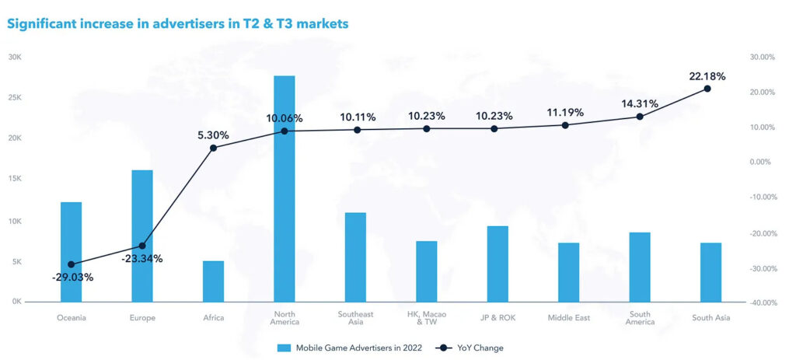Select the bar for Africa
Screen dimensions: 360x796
click(x=213, y=281)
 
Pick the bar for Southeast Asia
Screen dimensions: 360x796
click(x=355, y=257)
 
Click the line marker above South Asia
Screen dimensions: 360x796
click(x=707, y=89)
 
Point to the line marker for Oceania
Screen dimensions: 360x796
click(x=72, y=264)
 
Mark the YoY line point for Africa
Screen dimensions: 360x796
click(x=213, y=148)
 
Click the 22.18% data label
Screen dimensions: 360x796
click(x=707, y=76)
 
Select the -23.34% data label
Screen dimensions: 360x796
click(x=142, y=259)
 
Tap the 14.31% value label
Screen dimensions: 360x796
click(x=639, y=103)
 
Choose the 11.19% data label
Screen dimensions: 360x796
click(x=565, y=112)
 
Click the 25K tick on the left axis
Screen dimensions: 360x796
click(x=15, y=98)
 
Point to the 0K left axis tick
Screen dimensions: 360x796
click(x=16, y=302)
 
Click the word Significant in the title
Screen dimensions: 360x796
click(x=39, y=24)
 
